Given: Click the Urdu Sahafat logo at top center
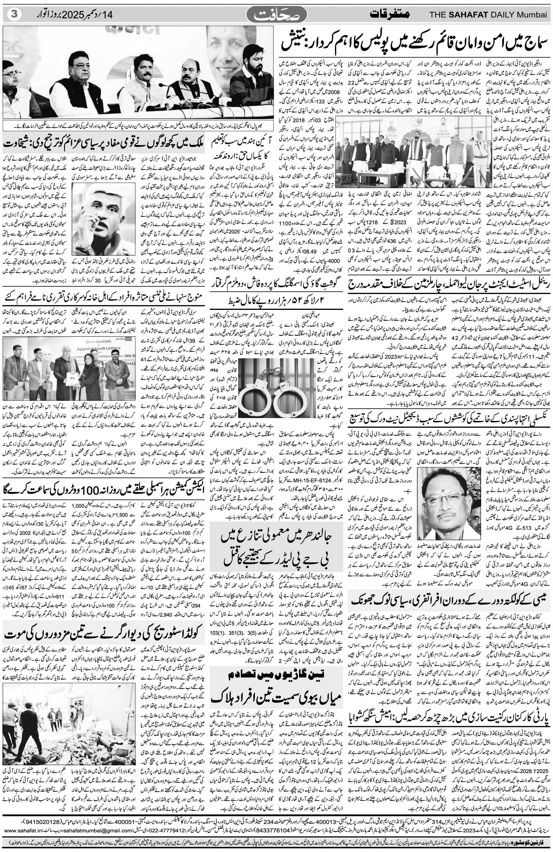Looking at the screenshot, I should [x=277, y=15].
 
